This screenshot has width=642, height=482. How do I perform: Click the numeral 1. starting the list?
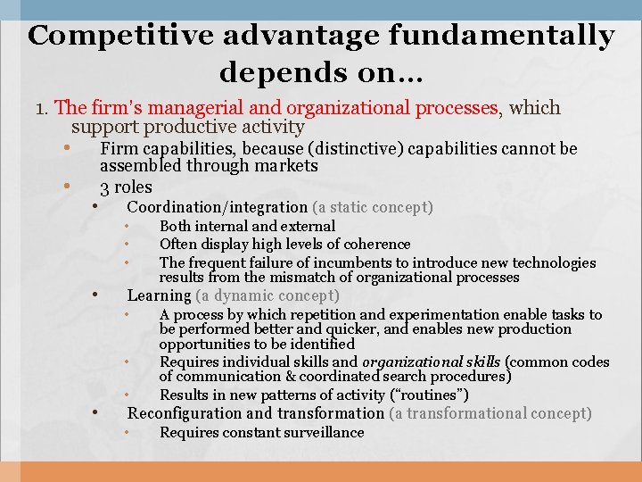pyautogui.click(x=42, y=109)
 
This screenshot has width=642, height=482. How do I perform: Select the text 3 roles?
pyautogui.click(x=126, y=187)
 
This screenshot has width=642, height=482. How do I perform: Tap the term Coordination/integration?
pyautogui.click(x=218, y=208)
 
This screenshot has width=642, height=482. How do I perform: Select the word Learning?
pyautogui.click(x=159, y=295)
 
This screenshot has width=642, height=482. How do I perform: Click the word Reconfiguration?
pyautogui.click(x=185, y=413)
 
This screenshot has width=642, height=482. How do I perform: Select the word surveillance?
pyautogui.click(x=321, y=433)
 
